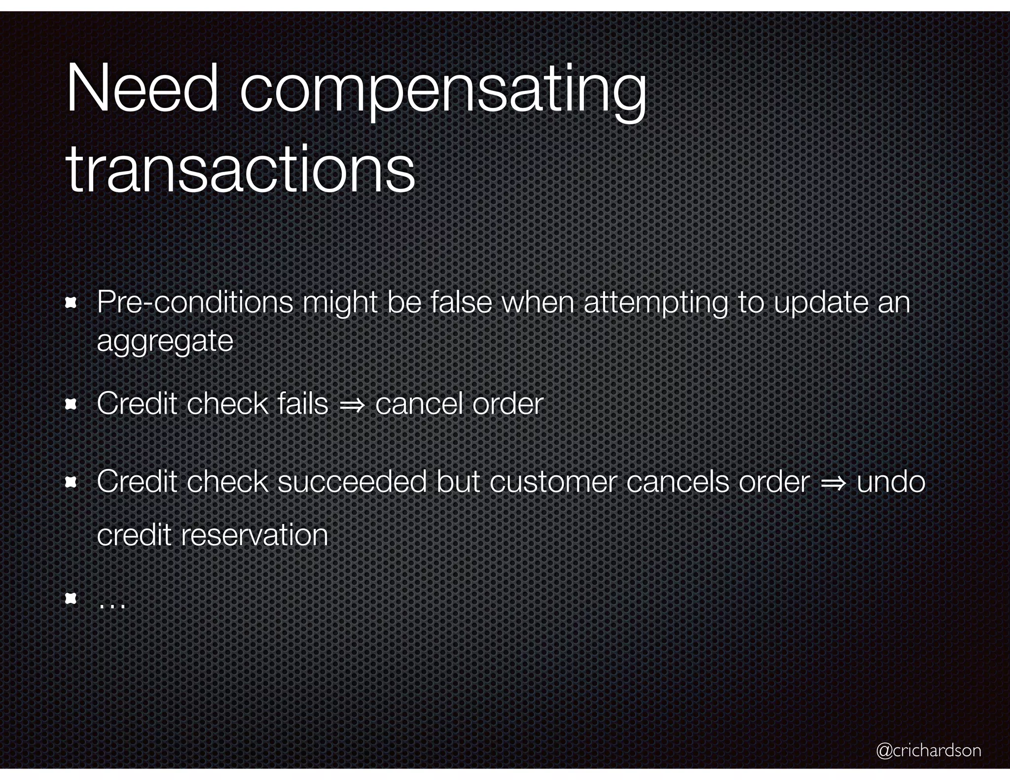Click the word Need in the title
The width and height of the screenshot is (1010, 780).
pos(142,90)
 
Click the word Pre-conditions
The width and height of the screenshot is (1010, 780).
pos(195,302)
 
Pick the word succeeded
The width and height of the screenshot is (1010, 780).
pos(352,482)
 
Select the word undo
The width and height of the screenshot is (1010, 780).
pos(891,482)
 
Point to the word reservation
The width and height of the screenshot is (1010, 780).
pos(254,535)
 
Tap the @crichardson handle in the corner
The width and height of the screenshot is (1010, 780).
pos(929,750)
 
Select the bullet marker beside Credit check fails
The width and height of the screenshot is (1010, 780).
pos(71,405)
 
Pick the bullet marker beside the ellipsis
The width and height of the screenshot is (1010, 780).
pos(71,599)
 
